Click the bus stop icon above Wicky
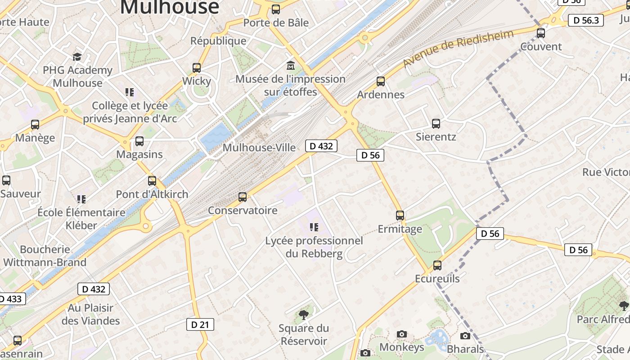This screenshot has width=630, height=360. (x=197, y=68)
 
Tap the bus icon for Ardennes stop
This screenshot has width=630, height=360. (x=381, y=81)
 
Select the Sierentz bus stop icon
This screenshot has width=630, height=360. (x=436, y=124)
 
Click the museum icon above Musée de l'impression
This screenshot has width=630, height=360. (x=291, y=66)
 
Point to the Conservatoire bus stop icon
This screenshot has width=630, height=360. (x=243, y=197)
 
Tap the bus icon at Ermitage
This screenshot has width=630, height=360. (x=400, y=216)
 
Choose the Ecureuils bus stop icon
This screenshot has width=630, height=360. (x=437, y=265)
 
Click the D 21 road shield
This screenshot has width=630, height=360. (x=200, y=324)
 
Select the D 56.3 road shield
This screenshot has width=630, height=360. (x=585, y=20)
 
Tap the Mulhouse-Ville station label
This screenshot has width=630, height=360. (x=259, y=148)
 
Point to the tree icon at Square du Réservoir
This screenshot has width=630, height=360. (x=304, y=315)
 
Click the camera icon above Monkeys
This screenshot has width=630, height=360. (x=402, y=334)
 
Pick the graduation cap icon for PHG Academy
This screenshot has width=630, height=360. (x=77, y=57)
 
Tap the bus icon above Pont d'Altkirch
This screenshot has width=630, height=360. (x=152, y=181)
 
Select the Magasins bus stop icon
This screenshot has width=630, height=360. (x=139, y=141)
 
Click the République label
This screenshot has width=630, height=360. (x=218, y=41)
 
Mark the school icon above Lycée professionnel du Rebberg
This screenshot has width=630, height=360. (x=314, y=227)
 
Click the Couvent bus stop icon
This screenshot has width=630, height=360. (x=541, y=33)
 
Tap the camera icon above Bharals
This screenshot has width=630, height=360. (x=465, y=336)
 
